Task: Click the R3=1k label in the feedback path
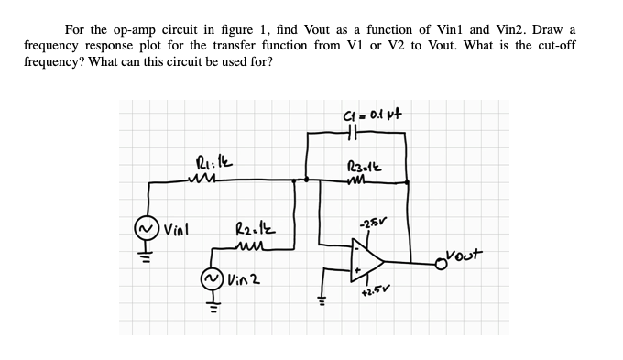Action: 360,166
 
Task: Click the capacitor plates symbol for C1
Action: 358,132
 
